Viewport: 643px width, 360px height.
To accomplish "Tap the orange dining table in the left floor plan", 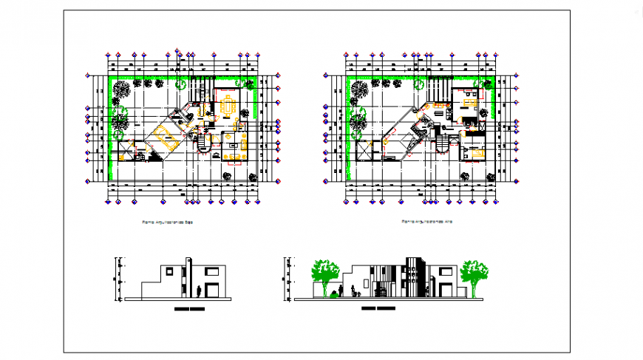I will click(229, 105).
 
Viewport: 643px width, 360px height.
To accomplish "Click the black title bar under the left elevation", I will click(188, 308).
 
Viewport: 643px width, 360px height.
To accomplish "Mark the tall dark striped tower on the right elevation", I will click(412, 277).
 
